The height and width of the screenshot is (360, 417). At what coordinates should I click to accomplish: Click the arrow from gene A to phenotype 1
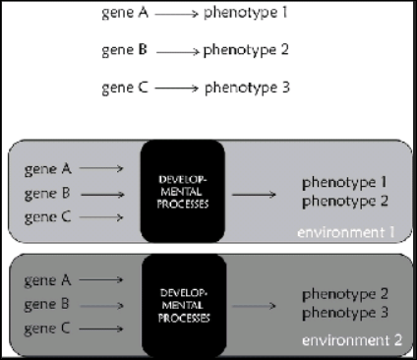pyautogui.click(x=174, y=16)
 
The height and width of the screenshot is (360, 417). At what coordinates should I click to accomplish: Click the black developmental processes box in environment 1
pyautogui.click(x=183, y=192)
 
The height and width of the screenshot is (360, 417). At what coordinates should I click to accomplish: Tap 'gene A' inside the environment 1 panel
pyautogui.click(x=48, y=169)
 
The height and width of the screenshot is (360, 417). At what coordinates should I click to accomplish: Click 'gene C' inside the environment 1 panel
pyautogui.click(x=48, y=216)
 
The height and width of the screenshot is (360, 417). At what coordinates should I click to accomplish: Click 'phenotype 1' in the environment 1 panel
pyautogui.click(x=344, y=183)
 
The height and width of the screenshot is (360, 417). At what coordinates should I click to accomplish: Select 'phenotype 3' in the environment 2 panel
pyautogui.click(x=344, y=313)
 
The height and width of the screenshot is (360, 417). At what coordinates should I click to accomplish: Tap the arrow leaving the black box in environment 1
pyautogui.click(x=254, y=194)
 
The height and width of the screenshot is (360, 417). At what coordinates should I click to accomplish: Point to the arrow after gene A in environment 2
pyautogui.click(x=101, y=280)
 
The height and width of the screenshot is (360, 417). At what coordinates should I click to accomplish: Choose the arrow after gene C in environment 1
pyautogui.click(x=101, y=217)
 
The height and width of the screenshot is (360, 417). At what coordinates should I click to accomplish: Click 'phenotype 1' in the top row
pyautogui.click(x=246, y=15)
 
